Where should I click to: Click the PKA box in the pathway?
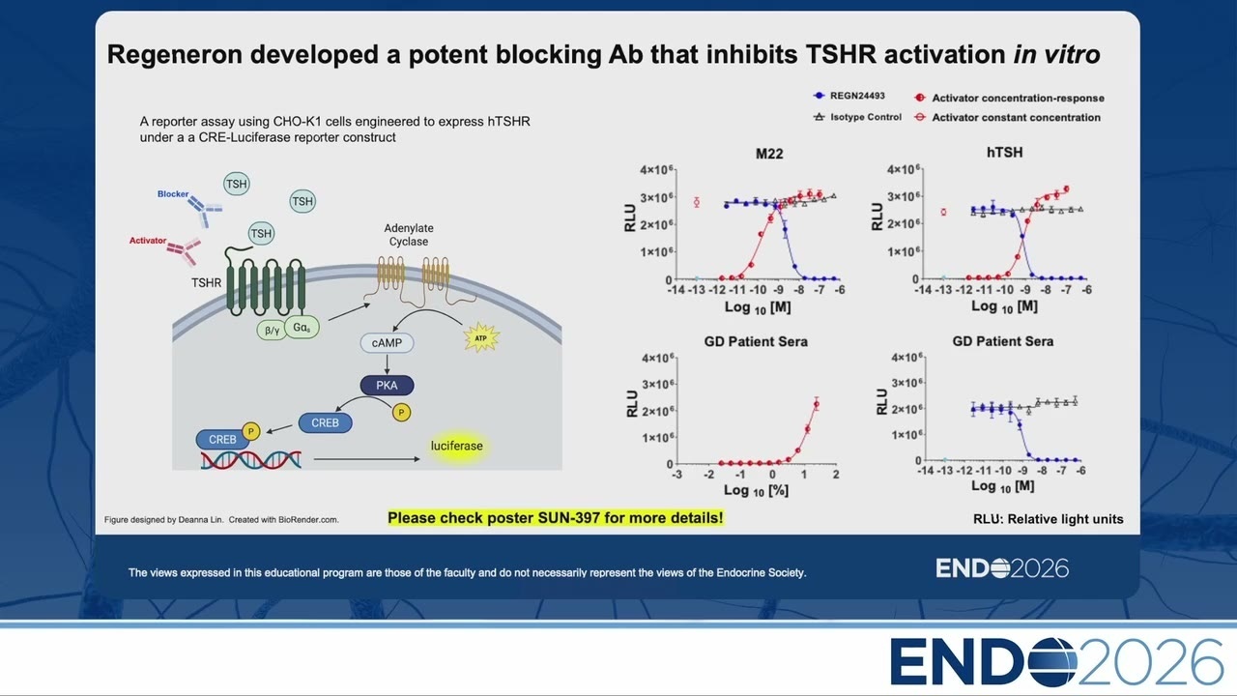click(387, 386)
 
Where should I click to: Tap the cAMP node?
click(387, 343)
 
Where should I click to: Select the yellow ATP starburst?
click(481, 338)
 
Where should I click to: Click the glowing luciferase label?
click(457, 446)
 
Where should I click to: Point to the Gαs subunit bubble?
click(302, 328)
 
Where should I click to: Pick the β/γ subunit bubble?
click(272, 331)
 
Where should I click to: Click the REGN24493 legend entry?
click(849, 96)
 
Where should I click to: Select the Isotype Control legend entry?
click(857, 117)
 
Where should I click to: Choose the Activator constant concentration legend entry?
click(1007, 117)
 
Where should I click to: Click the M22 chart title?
click(769, 154)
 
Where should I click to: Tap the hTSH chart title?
click(1004, 153)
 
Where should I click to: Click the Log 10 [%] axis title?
click(756, 490)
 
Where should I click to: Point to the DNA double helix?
click(251, 459)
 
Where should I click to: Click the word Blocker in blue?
click(173, 194)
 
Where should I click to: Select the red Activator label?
click(148, 241)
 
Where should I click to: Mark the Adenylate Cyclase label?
click(409, 235)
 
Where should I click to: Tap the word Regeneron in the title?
click(175, 55)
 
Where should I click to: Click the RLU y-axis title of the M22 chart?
click(630, 218)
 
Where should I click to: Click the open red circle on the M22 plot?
click(697, 202)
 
